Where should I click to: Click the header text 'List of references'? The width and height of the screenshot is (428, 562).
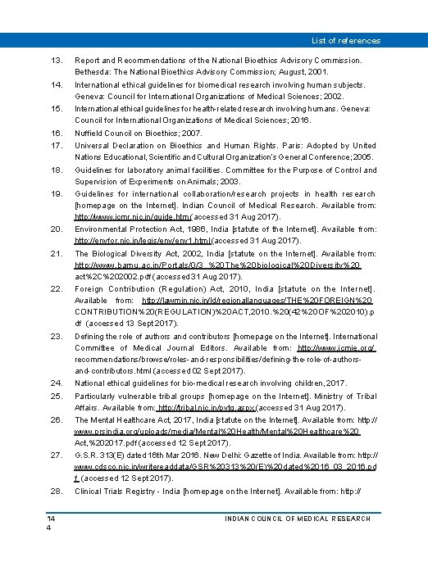(345, 40)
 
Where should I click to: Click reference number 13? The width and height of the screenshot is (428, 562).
(57, 61)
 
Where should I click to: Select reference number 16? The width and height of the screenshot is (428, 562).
(57, 132)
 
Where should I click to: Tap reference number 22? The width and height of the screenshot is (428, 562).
(57, 289)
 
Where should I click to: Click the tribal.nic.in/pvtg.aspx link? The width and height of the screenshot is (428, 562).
(207, 407)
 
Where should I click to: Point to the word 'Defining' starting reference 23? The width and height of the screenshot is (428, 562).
(90, 337)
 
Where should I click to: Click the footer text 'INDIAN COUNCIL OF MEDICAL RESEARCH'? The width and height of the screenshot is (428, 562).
(298, 519)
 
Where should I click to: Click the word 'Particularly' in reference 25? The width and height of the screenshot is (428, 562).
(97, 397)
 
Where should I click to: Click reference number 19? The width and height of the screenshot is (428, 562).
(57, 193)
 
